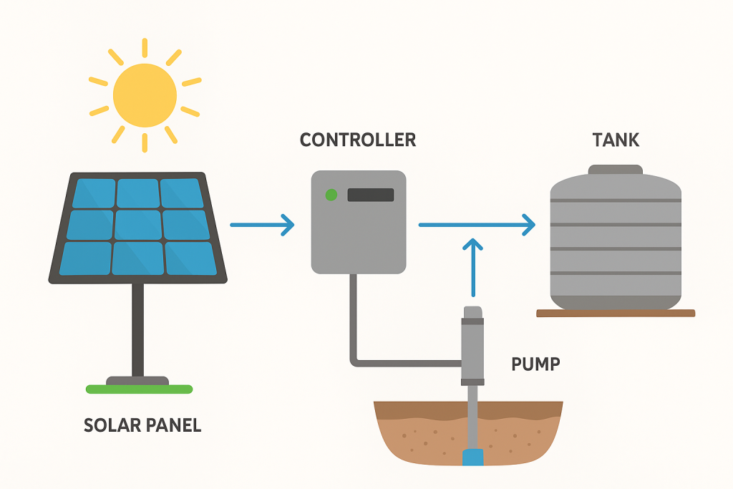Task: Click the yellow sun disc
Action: [145, 94]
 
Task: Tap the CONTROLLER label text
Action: [357, 140]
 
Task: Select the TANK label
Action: [616, 140]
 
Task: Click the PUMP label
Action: [535, 364]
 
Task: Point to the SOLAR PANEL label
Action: [142, 425]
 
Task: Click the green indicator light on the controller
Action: [331, 194]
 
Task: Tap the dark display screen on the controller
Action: [370, 195]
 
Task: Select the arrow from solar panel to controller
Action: [262, 225]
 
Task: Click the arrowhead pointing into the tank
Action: [528, 226]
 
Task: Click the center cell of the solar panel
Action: [137, 225]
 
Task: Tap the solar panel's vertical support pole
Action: [137, 329]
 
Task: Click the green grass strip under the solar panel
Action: [139, 389]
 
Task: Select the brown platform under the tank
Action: [616, 313]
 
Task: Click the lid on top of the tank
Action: [615, 170]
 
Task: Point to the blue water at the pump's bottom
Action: [472, 457]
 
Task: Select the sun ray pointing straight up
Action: [145, 48]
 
